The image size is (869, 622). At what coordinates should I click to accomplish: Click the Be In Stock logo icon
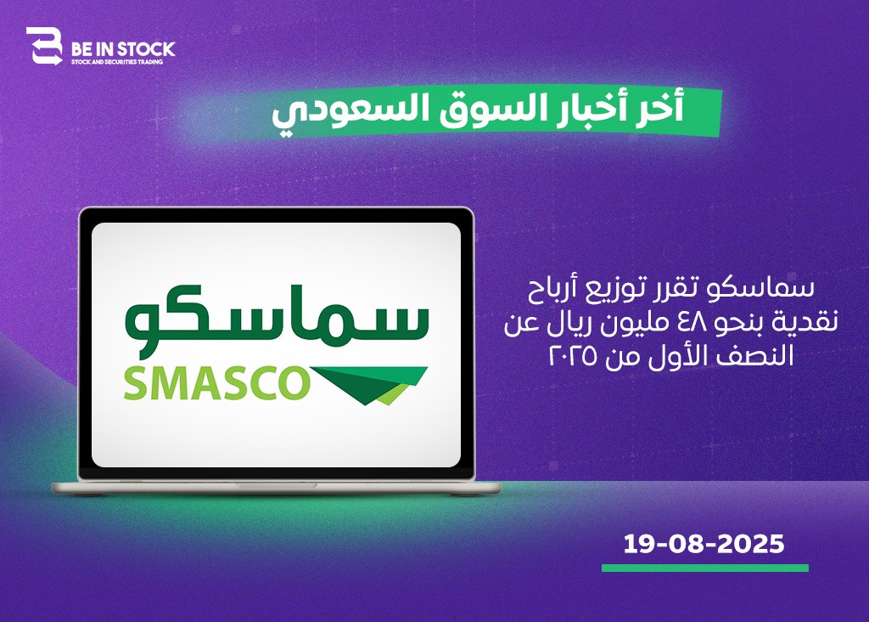coord(44,46)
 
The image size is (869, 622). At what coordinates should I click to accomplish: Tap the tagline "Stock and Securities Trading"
coord(117,62)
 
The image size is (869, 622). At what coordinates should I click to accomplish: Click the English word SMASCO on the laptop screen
coord(216,383)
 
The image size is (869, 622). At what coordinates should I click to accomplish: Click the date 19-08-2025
coord(704,544)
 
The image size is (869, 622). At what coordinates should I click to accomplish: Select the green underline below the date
coord(705,568)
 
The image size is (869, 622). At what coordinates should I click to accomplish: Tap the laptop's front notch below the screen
coord(276,485)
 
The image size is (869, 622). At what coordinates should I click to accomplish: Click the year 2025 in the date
coord(751,544)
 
